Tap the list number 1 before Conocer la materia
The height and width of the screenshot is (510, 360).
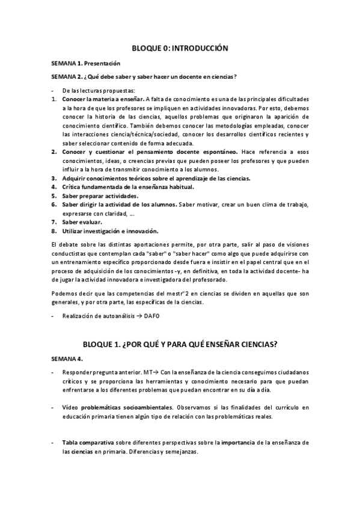(x=53, y=98)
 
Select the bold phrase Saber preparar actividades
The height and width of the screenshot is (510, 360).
(x=100, y=196)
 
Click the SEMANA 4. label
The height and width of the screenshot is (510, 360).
(x=67, y=358)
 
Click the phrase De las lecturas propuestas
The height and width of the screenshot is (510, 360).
(x=90, y=90)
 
